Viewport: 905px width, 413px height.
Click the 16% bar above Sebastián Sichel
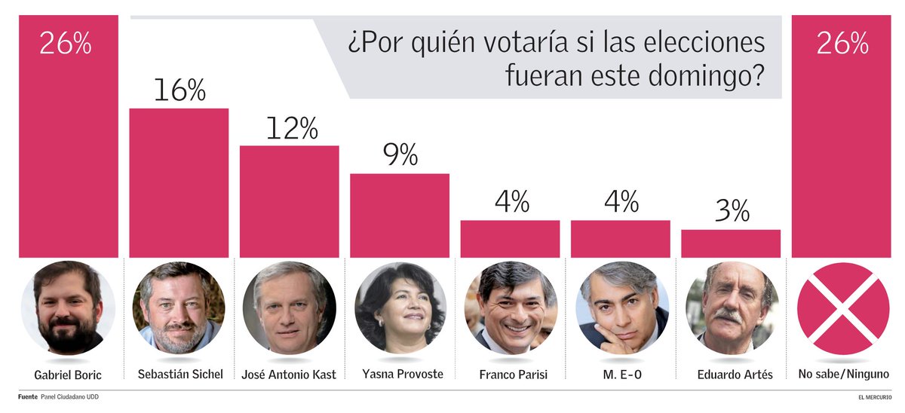pyautogui.click(x=179, y=183)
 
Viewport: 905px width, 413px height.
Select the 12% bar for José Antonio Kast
pyautogui.click(x=289, y=201)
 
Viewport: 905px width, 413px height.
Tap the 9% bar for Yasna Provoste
pyautogui.click(x=399, y=216)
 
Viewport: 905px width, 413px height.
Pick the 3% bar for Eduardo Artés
pyautogui.click(x=730, y=243)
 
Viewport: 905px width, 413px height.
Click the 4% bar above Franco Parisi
pyautogui.click(x=510, y=239)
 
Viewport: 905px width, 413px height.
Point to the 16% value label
pyautogui.click(x=179, y=90)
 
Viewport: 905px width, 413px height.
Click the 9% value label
pyautogui.click(x=399, y=156)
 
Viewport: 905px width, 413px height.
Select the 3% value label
pyautogui.click(x=730, y=212)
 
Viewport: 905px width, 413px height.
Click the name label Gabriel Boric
pyautogui.click(x=68, y=375)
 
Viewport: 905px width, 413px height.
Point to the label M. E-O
pyautogui.click(x=620, y=375)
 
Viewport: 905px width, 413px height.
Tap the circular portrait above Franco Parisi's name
pyautogui.click(x=511, y=308)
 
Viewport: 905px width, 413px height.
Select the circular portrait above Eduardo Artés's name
pyautogui.click(x=730, y=308)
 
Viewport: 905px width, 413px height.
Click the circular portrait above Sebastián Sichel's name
pyautogui.click(x=179, y=308)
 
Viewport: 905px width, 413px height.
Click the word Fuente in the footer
pyautogui.click(x=27, y=397)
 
